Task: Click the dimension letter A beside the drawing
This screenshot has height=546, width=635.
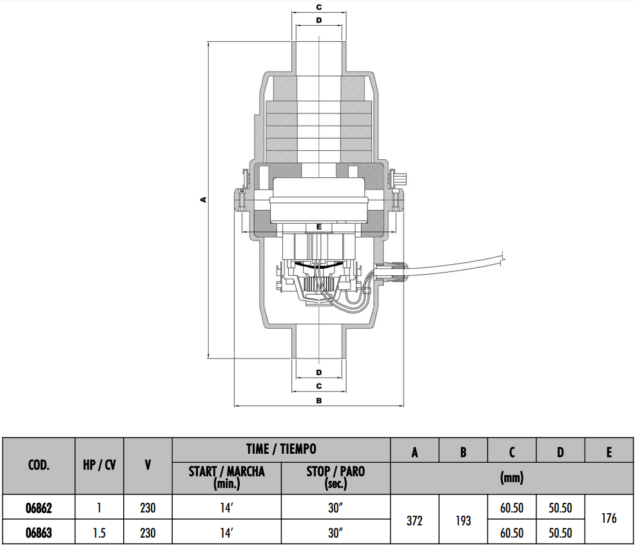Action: tap(203, 200)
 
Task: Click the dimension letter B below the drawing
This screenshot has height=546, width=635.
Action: tap(318, 400)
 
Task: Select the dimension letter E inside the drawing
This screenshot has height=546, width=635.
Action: tap(318, 228)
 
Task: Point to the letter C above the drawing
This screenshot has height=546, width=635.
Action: tap(318, 7)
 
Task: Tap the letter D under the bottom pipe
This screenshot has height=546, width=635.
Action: tap(318, 373)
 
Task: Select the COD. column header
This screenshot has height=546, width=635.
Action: tap(39, 465)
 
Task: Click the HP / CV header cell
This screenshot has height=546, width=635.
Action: tap(99, 465)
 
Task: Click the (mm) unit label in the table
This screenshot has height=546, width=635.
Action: tap(511, 478)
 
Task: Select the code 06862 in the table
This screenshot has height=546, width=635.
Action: tap(39, 507)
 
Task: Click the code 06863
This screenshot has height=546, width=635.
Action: tap(39, 533)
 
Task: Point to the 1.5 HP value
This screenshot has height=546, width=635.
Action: tap(99, 533)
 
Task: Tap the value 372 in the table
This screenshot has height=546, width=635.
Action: tap(415, 520)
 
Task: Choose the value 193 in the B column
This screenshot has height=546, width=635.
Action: tap(463, 520)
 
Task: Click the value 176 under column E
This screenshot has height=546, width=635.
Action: tap(609, 518)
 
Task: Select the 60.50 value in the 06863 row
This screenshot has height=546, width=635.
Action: tap(511, 533)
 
